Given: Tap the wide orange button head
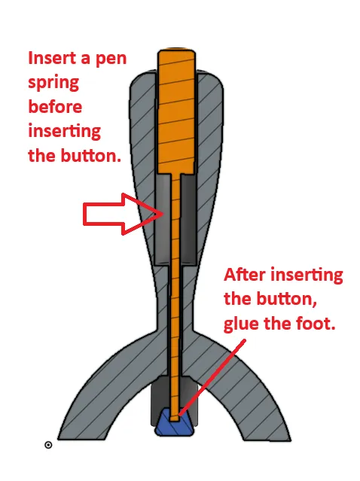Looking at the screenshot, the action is click(176, 111).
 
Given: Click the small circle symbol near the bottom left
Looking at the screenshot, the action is click(48, 445).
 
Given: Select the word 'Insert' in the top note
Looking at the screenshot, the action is click(52, 58).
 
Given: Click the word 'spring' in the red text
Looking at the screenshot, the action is click(53, 83).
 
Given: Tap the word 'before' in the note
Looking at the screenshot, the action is click(55, 107).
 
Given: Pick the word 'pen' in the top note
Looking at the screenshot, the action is click(111, 59).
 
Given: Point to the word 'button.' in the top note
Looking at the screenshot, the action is click(91, 156).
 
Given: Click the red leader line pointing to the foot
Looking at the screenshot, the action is click(212, 377).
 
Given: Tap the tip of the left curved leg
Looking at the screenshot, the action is click(59, 439).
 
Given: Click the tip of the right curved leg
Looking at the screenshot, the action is click(289, 440).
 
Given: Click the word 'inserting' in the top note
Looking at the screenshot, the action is click(65, 132).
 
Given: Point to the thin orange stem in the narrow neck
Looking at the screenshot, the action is click(175, 294).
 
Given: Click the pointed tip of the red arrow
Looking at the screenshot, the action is click(163, 214).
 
